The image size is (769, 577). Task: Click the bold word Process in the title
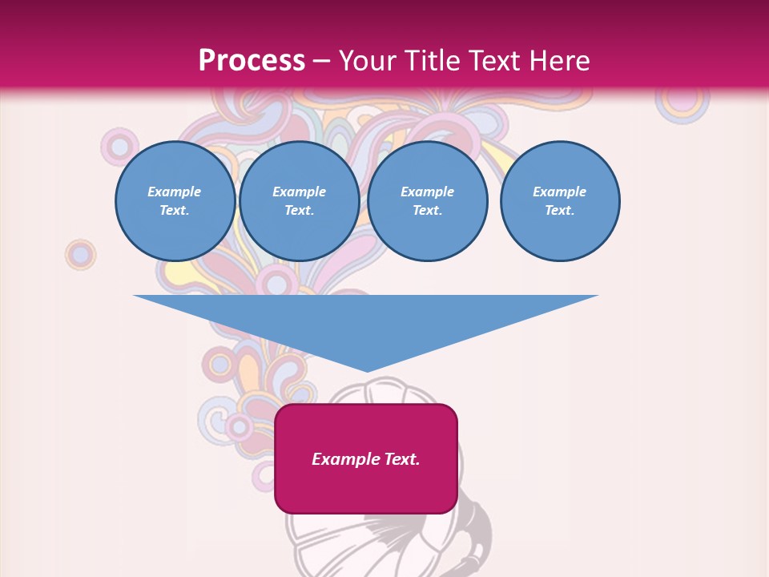coord(252,61)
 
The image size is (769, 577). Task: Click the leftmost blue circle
coord(175,201)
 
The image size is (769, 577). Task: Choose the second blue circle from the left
coord(299,201)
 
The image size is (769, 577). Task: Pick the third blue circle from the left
coord(427,201)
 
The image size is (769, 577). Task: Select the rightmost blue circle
coord(559,201)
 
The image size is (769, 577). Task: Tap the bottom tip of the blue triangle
coord(367,370)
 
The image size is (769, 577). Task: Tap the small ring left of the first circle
coord(80,254)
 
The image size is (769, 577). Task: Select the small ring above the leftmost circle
coord(119,147)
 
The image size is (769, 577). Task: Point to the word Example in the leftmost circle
coord(175,192)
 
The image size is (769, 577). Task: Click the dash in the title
coord(322,61)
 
